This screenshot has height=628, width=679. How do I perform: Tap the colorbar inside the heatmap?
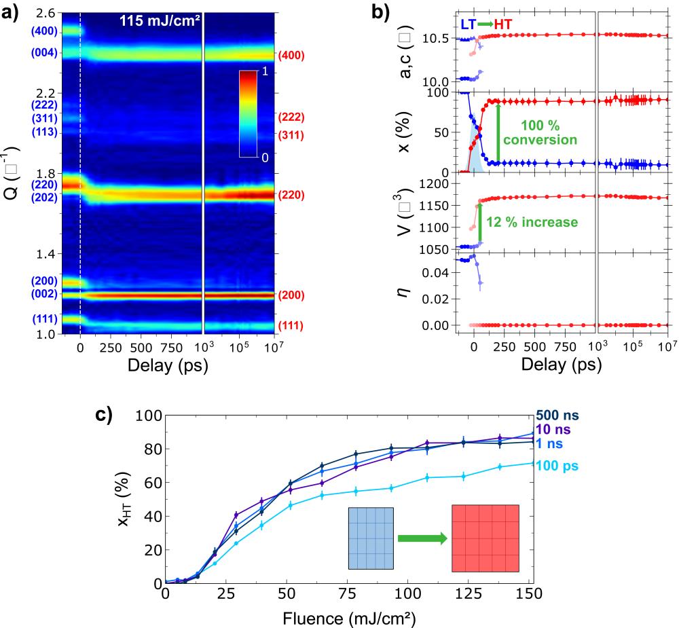click(x=249, y=114)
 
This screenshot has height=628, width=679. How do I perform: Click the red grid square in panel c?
click(x=485, y=538)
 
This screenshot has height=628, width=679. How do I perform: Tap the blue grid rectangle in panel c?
click(x=370, y=538)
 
